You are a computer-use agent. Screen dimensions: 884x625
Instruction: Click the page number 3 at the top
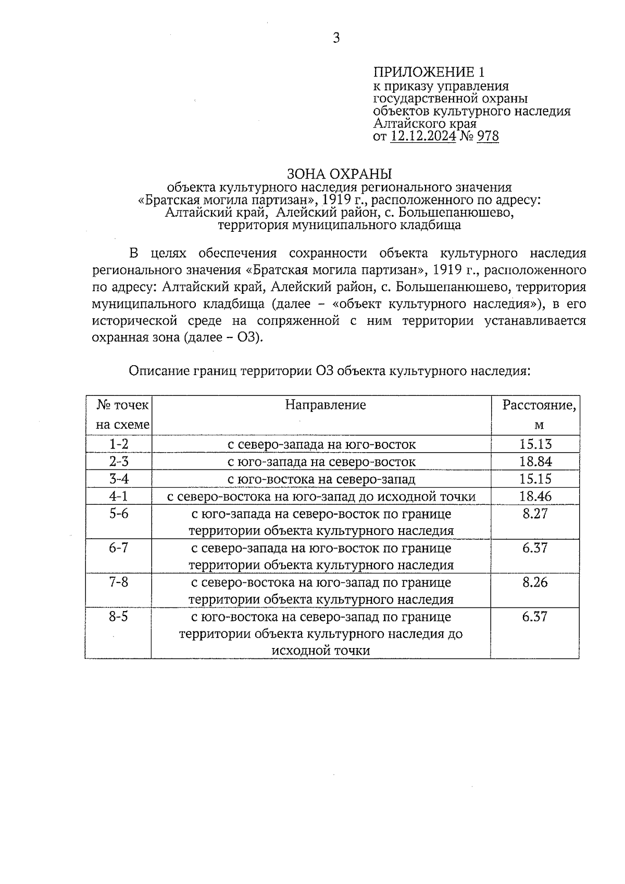coord(336,38)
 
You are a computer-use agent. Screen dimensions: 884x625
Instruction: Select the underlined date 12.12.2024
coord(423,136)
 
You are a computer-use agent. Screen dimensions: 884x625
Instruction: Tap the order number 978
coord(488,136)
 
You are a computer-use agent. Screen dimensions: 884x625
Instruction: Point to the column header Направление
coord(326,405)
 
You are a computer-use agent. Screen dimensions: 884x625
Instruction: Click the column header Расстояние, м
coord(539,415)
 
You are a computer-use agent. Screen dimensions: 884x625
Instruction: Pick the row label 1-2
coord(118,444)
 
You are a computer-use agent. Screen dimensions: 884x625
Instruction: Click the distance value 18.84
coord(535,462)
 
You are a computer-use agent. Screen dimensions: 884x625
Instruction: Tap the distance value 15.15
coord(535,479)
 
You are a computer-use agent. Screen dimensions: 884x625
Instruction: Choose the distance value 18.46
coord(535,496)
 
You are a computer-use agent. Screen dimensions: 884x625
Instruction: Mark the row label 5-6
coord(118,514)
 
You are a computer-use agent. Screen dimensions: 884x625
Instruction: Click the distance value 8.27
coord(535,514)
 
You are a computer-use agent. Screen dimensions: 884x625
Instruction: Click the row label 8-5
coord(118,617)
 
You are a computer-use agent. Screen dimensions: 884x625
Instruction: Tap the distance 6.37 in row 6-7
coord(535,548)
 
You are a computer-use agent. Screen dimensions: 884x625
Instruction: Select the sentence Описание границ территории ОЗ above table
coord(329,371)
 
